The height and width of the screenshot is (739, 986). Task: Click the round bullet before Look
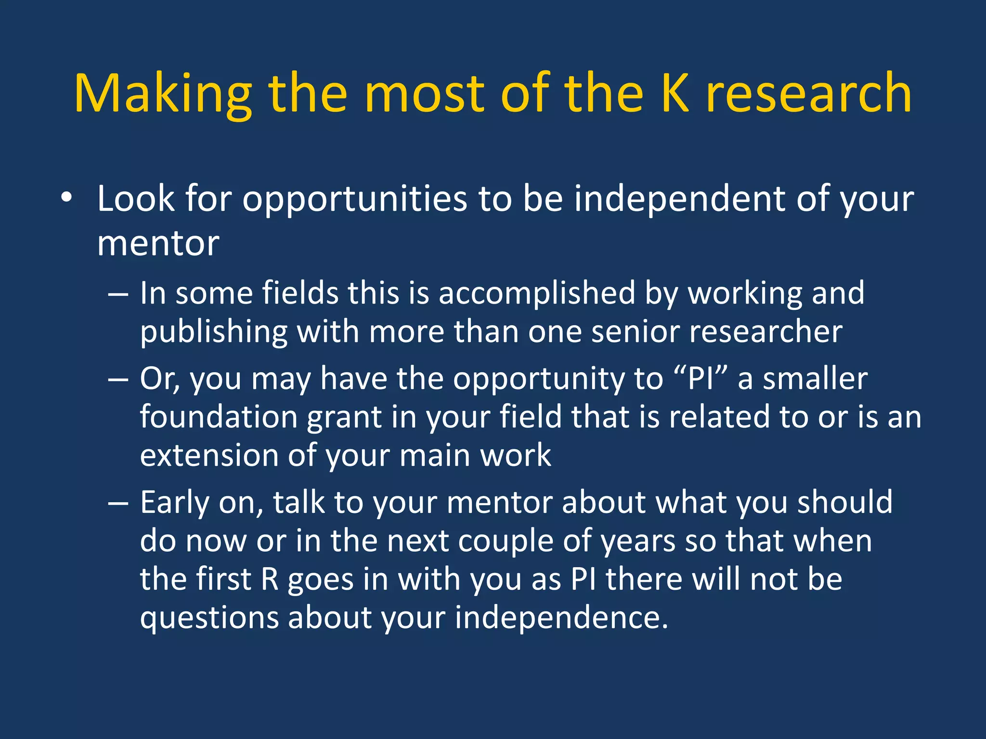pyautogui.click(x=66, y=198)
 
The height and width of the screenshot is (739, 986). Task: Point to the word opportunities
pyautogui.click(x=354, y=199)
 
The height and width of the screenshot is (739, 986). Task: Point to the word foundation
pyautogui.click(x=219, y=417)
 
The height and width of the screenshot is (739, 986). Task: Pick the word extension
pyautogui.click(x=209, y=455)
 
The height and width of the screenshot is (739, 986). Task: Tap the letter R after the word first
pyautogui.click(x=270, y=579)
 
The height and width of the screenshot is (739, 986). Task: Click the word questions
pyautogui.click(x=209, y=618)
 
